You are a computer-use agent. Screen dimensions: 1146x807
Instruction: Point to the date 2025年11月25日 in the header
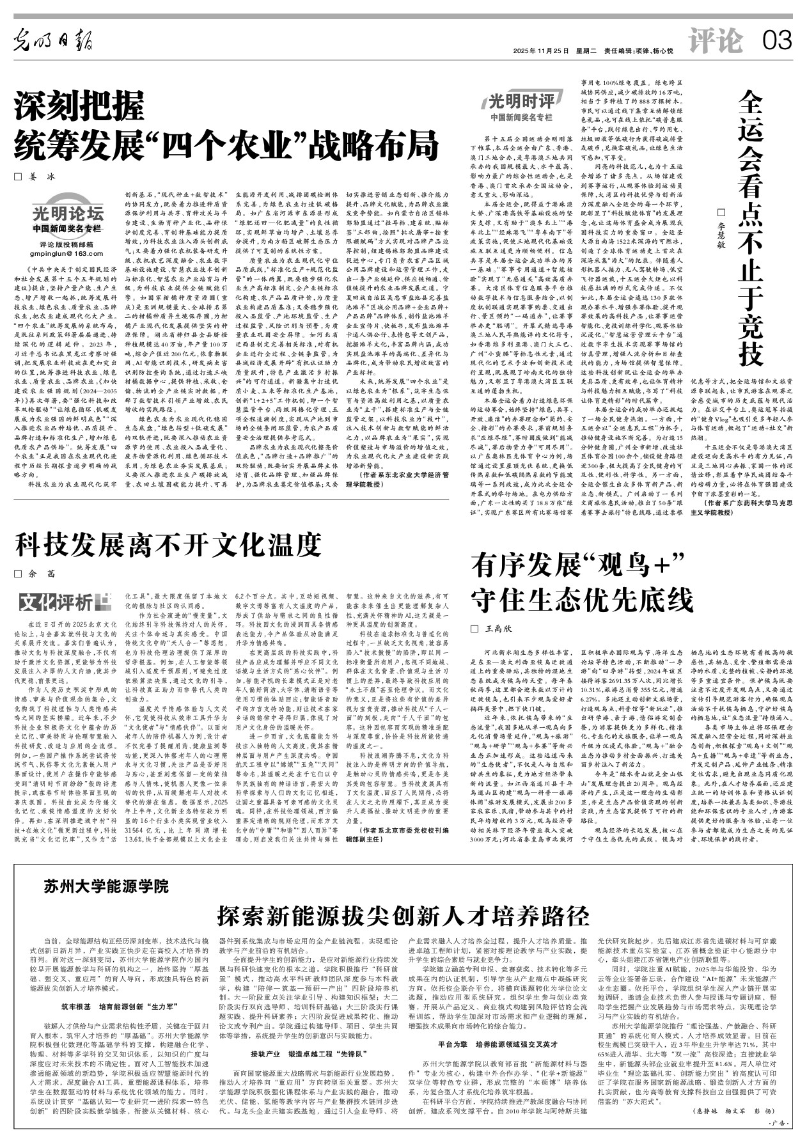(x=541, y=51)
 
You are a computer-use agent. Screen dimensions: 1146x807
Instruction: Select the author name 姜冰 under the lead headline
(x=39, y=179)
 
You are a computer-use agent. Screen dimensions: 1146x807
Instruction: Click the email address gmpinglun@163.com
(x=67, y=254)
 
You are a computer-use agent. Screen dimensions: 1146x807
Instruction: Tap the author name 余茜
(x=39, y=574)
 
